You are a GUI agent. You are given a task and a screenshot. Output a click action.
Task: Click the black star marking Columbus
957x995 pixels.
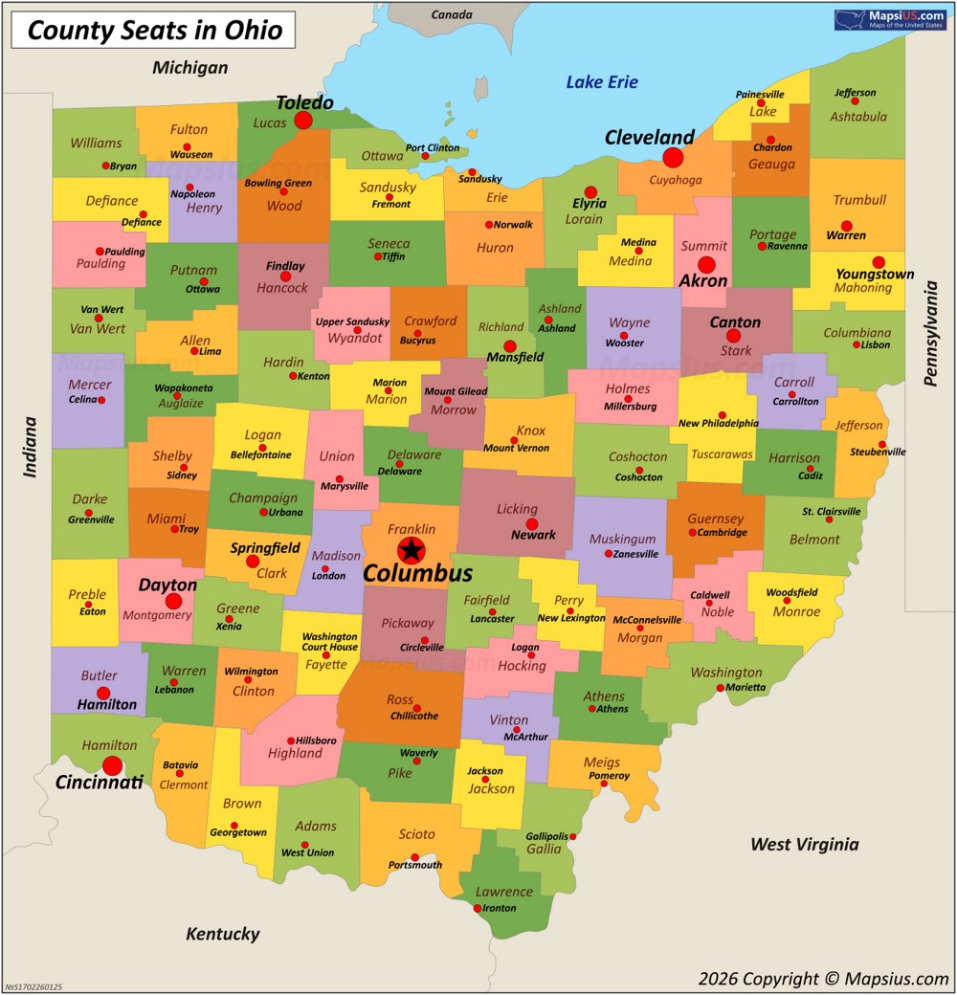click(x=411, y=549)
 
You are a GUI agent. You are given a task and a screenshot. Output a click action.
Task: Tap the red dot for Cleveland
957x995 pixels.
click(x=673, y=158)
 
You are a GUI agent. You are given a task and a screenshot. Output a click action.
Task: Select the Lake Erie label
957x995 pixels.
click(x=601, y=82)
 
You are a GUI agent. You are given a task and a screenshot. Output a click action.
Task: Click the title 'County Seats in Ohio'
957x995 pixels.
click(x=154, y=31)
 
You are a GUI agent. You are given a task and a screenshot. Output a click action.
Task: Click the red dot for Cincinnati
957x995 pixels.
click(x=113, y=765)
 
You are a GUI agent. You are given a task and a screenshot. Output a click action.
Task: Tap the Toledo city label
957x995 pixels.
click(x=304, y=102)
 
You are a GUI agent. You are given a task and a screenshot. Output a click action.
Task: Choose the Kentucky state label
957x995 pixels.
click(x=222, y=934)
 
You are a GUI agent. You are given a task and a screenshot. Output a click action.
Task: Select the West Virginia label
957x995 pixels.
click(x=804, y=844)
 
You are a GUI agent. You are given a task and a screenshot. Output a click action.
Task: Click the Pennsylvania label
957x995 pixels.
click(x=930, y=326)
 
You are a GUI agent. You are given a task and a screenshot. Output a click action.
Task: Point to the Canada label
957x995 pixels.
click(x=452, y=15)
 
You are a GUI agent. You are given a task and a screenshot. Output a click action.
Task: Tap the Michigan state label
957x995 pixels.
click(x=190, y=67)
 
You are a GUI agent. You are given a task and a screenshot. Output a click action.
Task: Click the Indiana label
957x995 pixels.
click(x=31, y=446)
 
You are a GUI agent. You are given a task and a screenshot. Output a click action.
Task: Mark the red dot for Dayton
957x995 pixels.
click(x=173, y=601)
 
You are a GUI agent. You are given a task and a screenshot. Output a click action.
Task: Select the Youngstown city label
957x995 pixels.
click(x=875, y=275)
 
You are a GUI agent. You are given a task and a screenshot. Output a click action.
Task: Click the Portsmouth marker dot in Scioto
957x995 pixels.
click(x=414, y=857)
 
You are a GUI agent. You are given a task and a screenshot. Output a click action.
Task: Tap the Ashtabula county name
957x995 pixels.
click(x=858, y=117)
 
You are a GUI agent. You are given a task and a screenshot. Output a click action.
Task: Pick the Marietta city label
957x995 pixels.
click(x=745, y=687)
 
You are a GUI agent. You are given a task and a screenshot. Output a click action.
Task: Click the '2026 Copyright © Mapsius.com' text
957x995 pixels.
click(x=823, y=978)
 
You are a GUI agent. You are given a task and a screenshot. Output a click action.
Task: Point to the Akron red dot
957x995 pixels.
click(x=706, y=264)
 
